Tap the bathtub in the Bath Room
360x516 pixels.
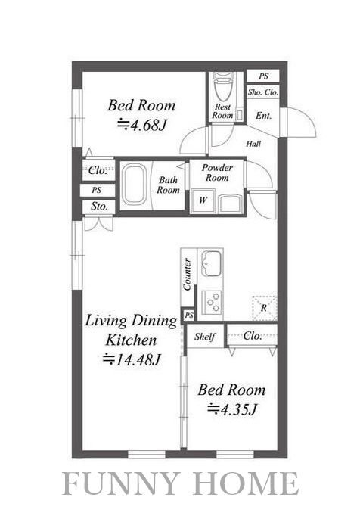click(134, 185)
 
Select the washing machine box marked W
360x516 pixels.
click(203, 200)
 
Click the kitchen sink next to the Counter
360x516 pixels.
click(210, 264)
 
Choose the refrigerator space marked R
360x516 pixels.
click(264, 308)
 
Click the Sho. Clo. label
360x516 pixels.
click(263, 92)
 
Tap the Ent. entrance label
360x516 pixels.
click(264, 116)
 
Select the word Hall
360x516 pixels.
click(253, 144)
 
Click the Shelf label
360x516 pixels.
click(205, 337)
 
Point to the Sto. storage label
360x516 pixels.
click(99, 207)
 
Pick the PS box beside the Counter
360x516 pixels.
click(188, 316)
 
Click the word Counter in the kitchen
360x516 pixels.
click(187, 275)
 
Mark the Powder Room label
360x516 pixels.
click(217, 173)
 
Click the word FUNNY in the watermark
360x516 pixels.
click(126, 483)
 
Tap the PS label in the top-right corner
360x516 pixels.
click(263, 76)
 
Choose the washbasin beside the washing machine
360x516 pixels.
click(231, 204)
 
